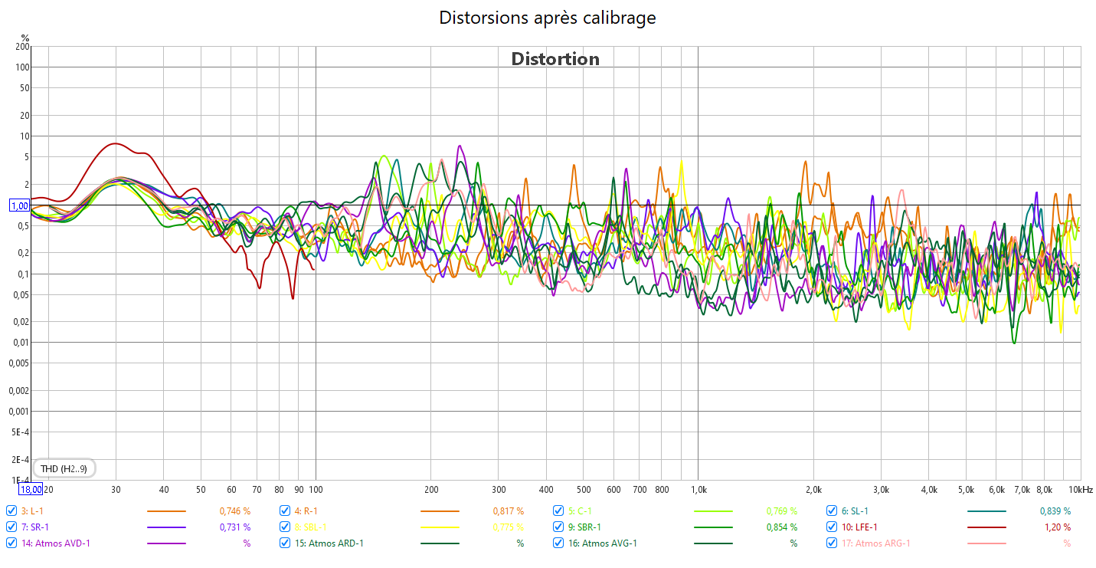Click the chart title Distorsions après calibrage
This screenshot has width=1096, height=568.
[547, 18]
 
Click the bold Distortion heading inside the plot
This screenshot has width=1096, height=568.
[555, 59]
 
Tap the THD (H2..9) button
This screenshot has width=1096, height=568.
[64, 468]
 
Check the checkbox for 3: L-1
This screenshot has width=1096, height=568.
[11, 511]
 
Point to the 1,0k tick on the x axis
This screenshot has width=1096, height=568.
[698, 489]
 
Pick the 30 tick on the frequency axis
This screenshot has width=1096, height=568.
[116, 489]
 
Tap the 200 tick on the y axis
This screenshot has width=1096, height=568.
[22, 47]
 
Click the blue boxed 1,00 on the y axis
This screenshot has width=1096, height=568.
[19, 205]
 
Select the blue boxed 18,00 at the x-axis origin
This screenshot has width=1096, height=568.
[31, 489]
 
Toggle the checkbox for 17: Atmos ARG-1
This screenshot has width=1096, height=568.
[832, 543]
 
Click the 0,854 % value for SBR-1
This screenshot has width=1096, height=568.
[782, 527]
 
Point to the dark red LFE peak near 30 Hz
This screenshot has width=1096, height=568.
[116, 143]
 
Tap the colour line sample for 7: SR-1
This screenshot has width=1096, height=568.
[166, 527]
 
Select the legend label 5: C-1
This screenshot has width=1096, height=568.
[580, 511]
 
